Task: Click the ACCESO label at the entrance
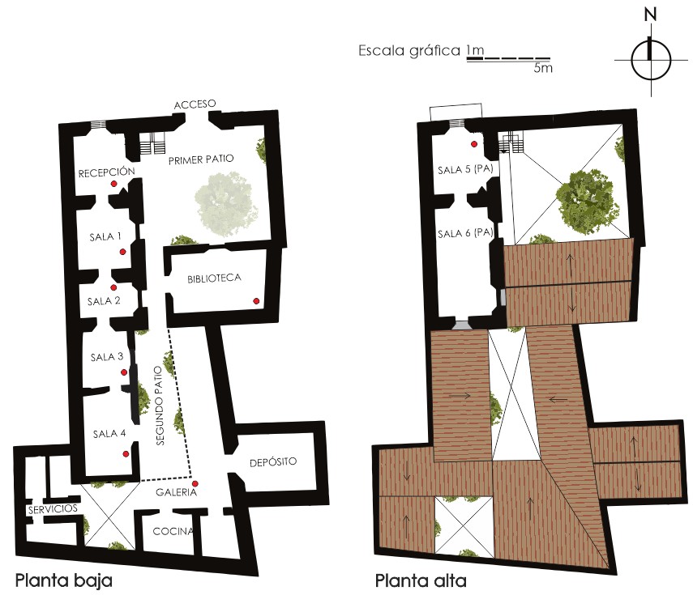coord(195,104)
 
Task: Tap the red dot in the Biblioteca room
coord(256,301)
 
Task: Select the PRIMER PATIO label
coord(201,159)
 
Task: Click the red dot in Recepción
coord(113,184)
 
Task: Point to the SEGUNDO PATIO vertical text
coord(160,406)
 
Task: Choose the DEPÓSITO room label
coord(273,462)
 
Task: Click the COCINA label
coord(173,531)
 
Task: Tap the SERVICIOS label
coord(53,509)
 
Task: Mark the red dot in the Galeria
coord(195,484)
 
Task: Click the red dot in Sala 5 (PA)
coord(474,144)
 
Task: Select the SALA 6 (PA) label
coord(465,233)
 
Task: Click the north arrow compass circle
coord(651,60)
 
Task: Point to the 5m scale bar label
coord(543,68)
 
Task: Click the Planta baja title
coord(64,580)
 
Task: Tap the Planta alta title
coord(421,580)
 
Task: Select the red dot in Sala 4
coord(126,454)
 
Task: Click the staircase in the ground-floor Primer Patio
coord(153,142)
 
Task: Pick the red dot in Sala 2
coord(113,288)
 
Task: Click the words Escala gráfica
coord(409,51)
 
